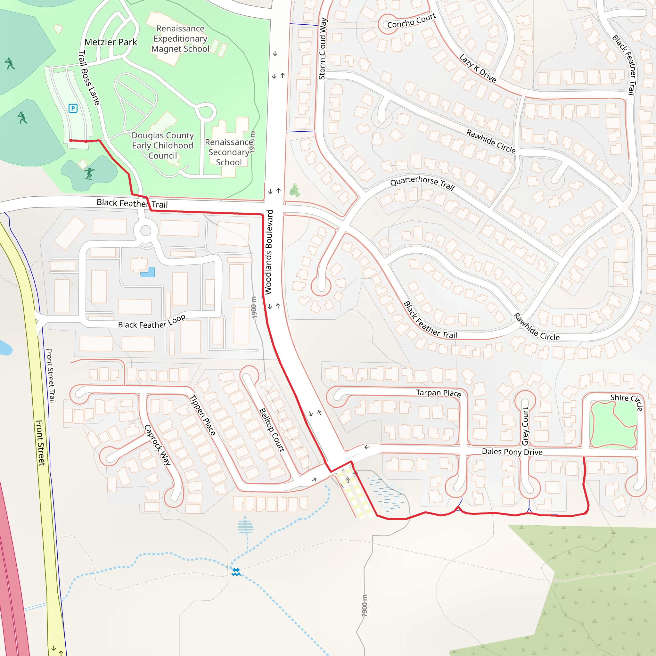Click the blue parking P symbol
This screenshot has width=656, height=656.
(x=73, y=108)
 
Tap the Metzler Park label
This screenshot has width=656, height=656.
(x=111, y=42)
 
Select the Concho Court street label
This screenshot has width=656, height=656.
(x=412, y=21)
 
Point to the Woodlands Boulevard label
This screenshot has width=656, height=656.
(x=268, y=252)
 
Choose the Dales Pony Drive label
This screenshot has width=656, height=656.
(x=512, y=452)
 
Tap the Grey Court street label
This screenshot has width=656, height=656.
(x=525, y=426)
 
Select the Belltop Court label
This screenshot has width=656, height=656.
(x=272, y=430)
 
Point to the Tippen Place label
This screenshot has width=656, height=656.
(x=203, y=415)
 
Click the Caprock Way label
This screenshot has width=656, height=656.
(x=158, y=445)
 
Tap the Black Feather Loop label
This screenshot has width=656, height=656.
(x=152, y=322)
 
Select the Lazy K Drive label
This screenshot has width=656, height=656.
(x=478, y=68)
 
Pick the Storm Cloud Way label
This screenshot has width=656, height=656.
(x=323, y=49)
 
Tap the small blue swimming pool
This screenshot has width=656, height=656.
(x=148, y=272)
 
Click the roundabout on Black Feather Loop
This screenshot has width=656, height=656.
(x=146, y=231)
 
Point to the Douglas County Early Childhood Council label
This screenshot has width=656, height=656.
(x=163, y=145)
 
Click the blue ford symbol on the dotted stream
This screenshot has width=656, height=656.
(x=236, y=572)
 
